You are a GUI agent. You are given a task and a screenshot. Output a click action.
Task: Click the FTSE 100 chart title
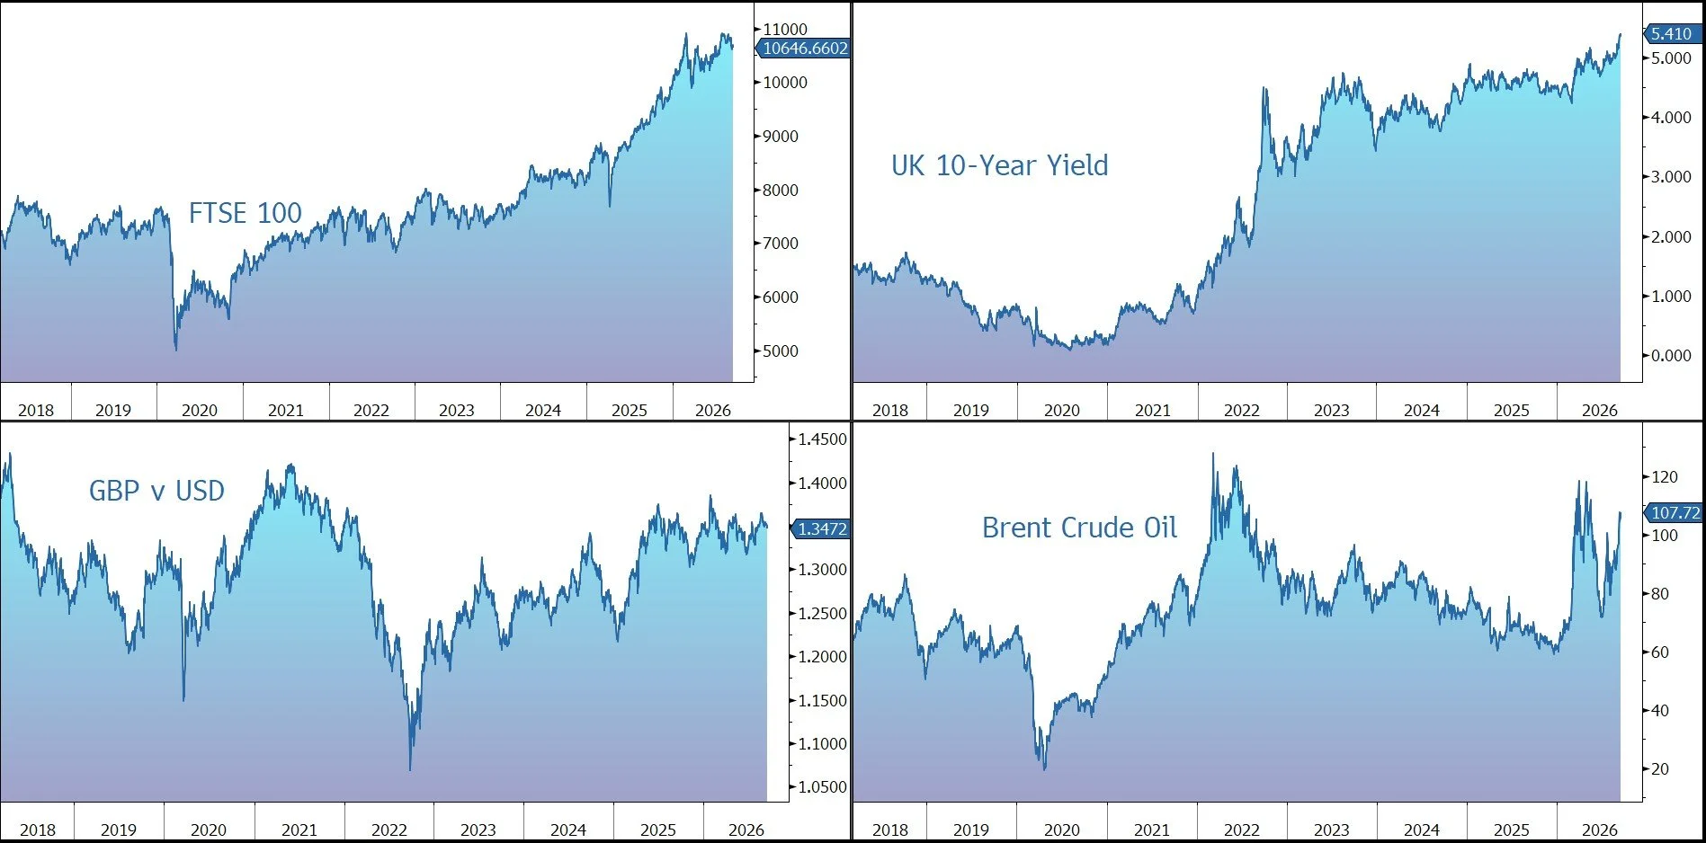pyautogui.click(x=245, y=213)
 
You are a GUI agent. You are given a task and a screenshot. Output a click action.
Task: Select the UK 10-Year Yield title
pyautogui.click(x=999, y=165)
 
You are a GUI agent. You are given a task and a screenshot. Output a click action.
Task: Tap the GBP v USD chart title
pyautogui.click(x=156, y=491)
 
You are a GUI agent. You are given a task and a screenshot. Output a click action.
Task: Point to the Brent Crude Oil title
pyautogui.click(x=1079, y=528)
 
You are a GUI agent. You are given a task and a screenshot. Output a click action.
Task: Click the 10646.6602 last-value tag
pyautogui.click(x=804, y=49)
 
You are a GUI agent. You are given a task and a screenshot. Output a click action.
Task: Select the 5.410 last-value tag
pyautogui.click(x=1673, y=34)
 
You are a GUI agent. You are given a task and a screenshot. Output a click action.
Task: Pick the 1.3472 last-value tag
pyautogui.click(x=820, y=529)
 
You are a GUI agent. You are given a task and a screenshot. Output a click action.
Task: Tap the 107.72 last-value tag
pyautogui.click(x=1674, y=513)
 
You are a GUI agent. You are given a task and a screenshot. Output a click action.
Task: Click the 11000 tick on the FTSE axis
pyautogui.click(x=785, y=30)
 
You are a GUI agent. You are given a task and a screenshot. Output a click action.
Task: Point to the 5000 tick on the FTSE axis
pyautogui.click(x=780, y=351)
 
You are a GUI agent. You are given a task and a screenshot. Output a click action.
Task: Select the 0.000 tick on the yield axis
pyautogui.click(x=1671, y=356)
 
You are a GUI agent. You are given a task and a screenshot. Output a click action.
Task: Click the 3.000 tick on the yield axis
pyautogui.click(x=1671, y=177)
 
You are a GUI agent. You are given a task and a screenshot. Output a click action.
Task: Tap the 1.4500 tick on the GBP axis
pyautogui.click(x=822, y=439)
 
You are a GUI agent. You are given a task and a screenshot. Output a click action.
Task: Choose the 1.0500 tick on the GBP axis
pyautogui.click(x=822, y=787)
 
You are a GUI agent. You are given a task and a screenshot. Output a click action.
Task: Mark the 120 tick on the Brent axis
pyautogui.click(x=1665, y=477)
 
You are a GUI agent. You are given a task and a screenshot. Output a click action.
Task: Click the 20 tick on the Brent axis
pyautogui.click(x=1660, y=769)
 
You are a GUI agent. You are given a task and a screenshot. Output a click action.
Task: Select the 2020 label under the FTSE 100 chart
pyautogui.click(x=200, y=411)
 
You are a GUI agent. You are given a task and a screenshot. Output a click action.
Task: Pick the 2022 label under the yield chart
pyautogui.click(x=1242, y=411)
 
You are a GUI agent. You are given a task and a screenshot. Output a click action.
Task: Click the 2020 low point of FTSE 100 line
pyautogui.click(x=175, y=350)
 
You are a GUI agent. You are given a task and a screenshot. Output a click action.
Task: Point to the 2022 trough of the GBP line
pyautogui.click(x=410, y=769)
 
